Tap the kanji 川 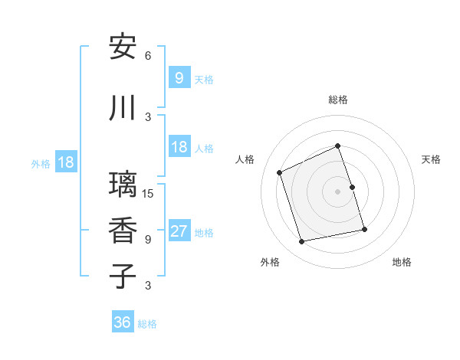[x=123, y=108]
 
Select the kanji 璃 [x=123, y=185]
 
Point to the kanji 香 [x=123, y=231]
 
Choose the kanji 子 [x=123, y=277]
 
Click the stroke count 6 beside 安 [x=148, y=56]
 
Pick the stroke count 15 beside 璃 [x=149, y=193]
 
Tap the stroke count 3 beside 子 [x=148, y=286]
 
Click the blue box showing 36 [x=123, y=322]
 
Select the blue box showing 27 [x=179, y=231]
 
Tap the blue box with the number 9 [x=179, y=77]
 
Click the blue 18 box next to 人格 [x=179, y=147]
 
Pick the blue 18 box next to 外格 [x=65, y=162]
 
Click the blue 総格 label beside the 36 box [x=147, y=324]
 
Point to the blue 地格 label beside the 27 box [x=205, y=233]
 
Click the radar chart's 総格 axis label [x=338, y=100]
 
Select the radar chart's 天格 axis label [x=431, y=159]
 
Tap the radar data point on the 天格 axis [x=353, y=186]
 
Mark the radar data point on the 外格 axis [x=302, y=242]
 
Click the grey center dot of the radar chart [x=338, y=191]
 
